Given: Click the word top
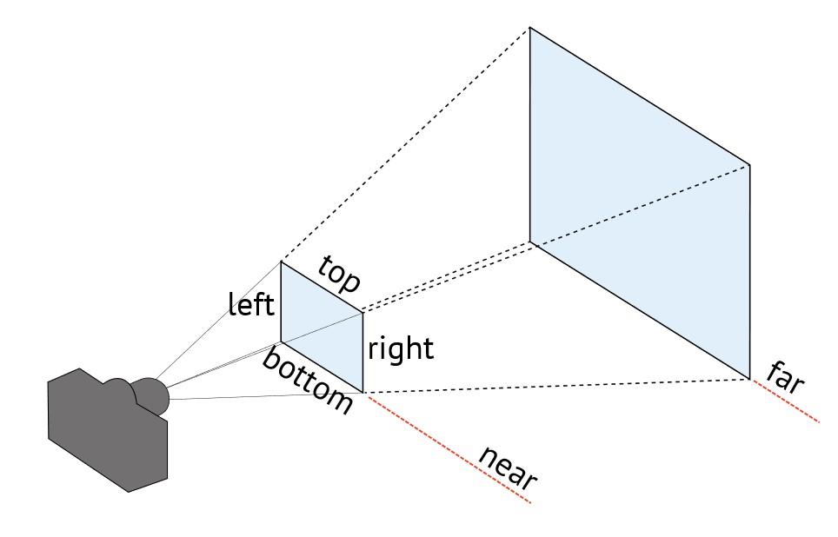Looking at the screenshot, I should (x=339, y=275).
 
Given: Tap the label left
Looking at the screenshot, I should (x=251, y=304).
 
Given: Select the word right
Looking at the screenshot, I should (x=400, y=349).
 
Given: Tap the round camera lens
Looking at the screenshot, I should (x=153, y=395).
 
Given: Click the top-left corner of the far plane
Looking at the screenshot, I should (x=530, y=28).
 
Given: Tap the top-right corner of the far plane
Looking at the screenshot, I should (x=749, y=163).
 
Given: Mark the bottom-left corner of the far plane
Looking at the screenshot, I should (x=530, y=242).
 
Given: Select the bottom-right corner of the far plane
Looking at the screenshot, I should (x=749, y=379).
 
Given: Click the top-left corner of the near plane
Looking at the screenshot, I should (x=281, y=261).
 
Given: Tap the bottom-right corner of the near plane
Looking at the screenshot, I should (x=362, y=393).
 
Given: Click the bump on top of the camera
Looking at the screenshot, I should (x=116, y=384).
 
